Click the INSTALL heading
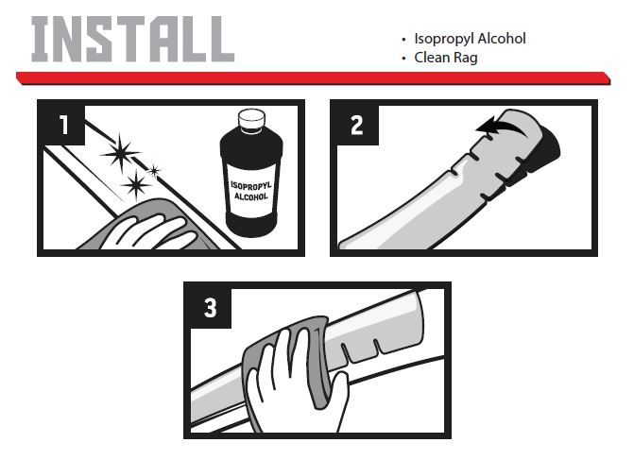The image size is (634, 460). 133,40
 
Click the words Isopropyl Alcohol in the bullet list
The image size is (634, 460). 470,39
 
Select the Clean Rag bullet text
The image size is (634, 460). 446,58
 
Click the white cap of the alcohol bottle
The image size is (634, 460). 251,118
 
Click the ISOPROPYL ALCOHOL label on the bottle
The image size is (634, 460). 251,191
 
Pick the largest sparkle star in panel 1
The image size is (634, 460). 120,152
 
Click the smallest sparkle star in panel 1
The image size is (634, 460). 154,171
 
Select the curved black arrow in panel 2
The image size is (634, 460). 502,127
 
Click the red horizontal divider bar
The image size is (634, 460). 314,78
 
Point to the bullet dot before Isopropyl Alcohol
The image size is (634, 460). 403,40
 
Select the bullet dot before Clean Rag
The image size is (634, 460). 403,59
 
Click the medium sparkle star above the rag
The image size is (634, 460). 136,185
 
